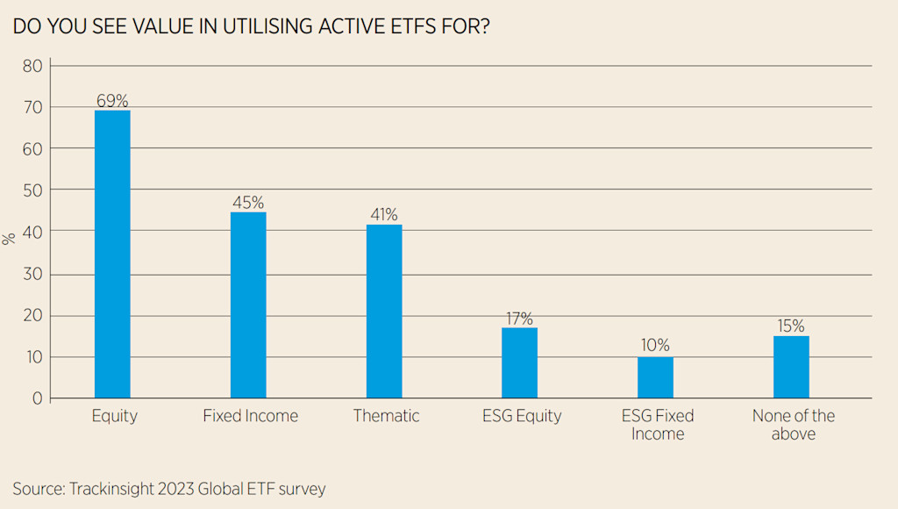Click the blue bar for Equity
coord(112,254)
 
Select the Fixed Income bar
coord(248,305)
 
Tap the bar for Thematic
coord(384,312)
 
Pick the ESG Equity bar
coord(519,362)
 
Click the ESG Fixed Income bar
coord(655,377)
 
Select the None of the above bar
coord(791,367)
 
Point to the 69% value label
coord(112,101)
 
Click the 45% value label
coord(248,203)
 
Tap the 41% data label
coord(384,215)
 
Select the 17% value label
coord(519,319)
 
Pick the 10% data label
coord(655,346)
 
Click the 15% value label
coord(791,326)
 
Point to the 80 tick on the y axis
coord(32,66)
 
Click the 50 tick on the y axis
coord(32,190)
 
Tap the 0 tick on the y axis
coord(36,398)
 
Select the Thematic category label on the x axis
coord(386,416)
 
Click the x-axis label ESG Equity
coord(521,416)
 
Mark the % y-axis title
coord(10,238)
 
